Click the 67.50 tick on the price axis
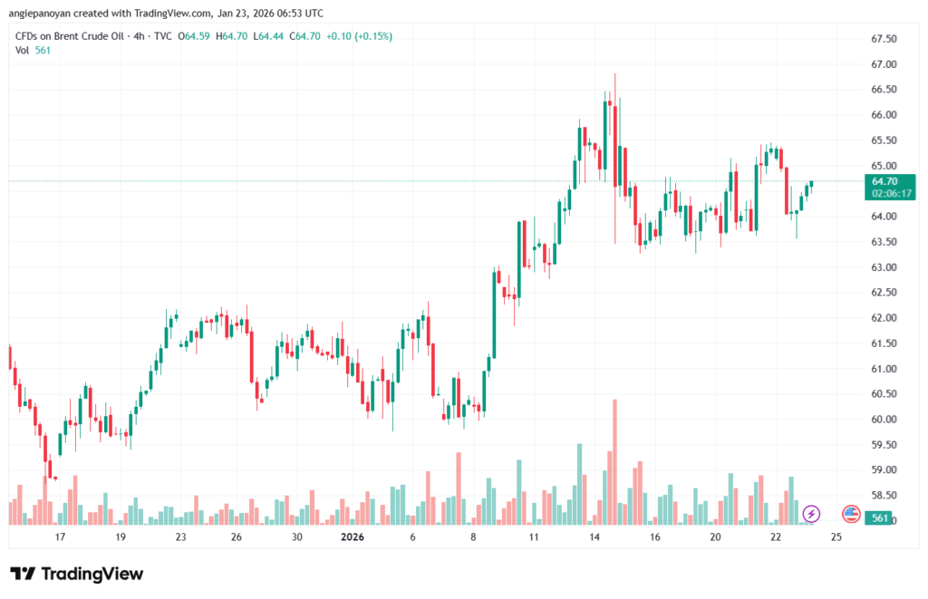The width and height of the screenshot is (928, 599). pos(884,39)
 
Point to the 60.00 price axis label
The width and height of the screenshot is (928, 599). pos(884,420)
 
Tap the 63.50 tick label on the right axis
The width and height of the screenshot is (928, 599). pos(884,242)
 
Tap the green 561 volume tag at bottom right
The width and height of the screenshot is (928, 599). pos(876,517)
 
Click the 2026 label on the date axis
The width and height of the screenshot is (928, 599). pos(352,536)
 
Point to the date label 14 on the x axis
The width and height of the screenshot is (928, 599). pos(594,536)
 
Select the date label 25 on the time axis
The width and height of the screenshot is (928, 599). pos(836,536)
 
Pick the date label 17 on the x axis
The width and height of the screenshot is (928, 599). pos(60,536)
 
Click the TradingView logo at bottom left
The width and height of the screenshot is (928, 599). pos(76,574)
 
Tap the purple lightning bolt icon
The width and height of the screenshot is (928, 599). pos(812,514)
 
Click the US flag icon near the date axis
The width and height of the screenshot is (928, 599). pos(851,514)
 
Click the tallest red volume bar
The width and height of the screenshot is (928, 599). pos(615,461)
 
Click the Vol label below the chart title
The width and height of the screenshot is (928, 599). pos(23,51)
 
